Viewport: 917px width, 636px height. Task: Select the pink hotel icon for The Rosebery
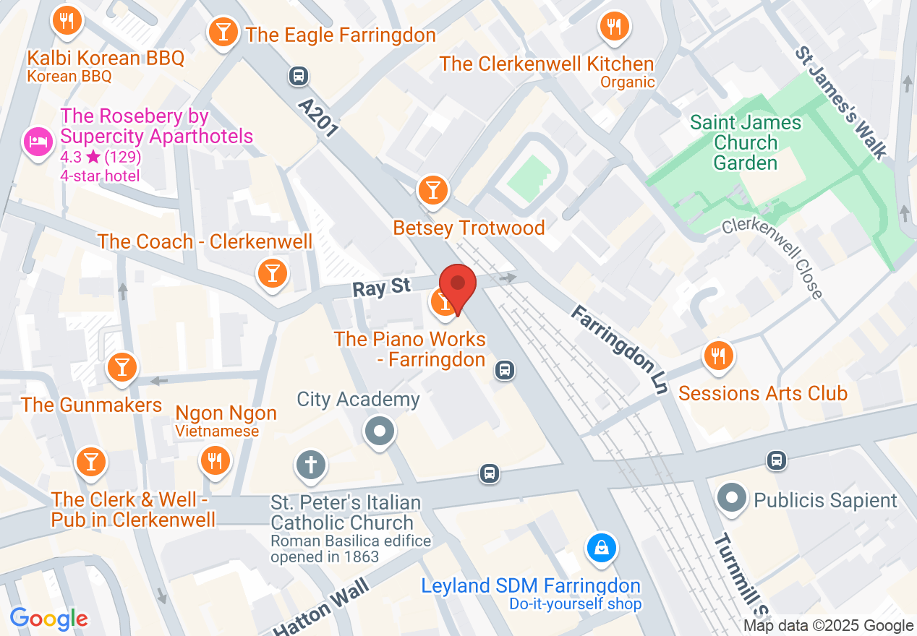click(x=36, y=140)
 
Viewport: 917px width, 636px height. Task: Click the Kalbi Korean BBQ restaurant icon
click(x=67, y=22)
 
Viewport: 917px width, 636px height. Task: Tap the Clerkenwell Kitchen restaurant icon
click(x=614, y=27)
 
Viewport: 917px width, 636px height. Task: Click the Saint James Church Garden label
click(x=745, y=142)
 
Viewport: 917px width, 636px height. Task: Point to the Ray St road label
click(x=382, y=288)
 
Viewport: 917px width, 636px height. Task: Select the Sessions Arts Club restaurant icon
click(x=718, y=356)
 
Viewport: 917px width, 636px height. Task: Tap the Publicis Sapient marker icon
click(x=732, y=499)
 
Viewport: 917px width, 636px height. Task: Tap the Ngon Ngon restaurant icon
click(x=215, y=460)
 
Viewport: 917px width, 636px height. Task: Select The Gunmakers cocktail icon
click(x=121, y=368)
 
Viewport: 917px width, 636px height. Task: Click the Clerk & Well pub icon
click(x=91, y=460)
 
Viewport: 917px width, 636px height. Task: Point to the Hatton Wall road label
click(x=322, y=607)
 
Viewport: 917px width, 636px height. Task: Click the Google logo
click(x=49, y=619)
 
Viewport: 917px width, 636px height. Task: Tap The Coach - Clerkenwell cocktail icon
click(x=273, y=273)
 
